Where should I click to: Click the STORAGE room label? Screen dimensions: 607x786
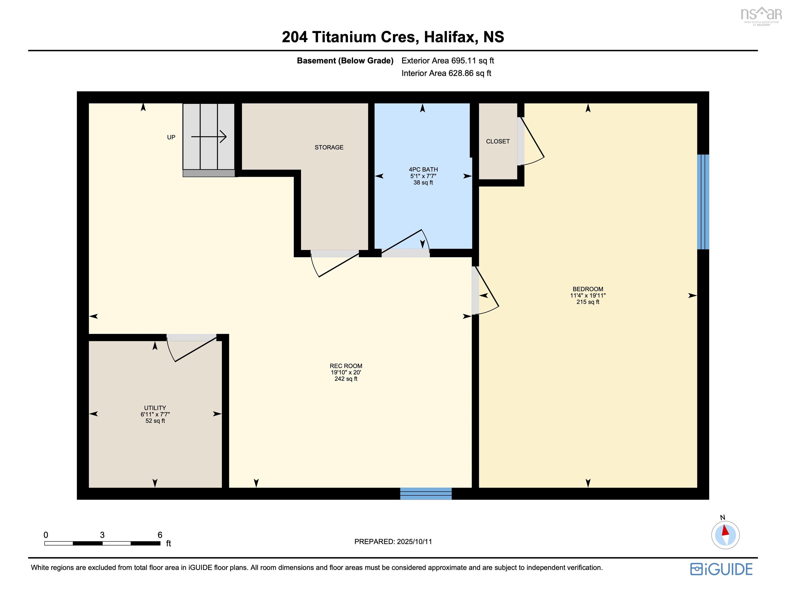click(329, 147)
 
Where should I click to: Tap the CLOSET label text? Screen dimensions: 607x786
click(497, 141)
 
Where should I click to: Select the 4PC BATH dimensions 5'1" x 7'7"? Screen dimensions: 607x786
click(423, 176)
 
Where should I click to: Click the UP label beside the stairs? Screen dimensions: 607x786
click(171, 137)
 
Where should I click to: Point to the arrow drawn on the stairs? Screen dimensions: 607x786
click(209, 137)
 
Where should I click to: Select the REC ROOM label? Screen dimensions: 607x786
click(346, 366)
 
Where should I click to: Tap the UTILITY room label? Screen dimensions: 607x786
click(155, 408)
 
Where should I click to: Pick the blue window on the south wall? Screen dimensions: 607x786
click(425, 493)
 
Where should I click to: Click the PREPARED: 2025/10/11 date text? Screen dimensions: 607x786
click(393, 541)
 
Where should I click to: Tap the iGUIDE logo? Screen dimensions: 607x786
click(721, 569)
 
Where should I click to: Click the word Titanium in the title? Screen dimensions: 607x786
click(344, 37)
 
